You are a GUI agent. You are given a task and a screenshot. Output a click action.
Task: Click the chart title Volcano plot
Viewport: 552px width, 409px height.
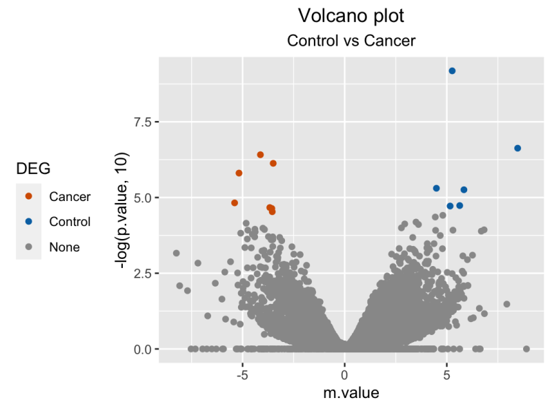(351, 15)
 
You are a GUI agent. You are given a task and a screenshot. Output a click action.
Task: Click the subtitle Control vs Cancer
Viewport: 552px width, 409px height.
(351, 41)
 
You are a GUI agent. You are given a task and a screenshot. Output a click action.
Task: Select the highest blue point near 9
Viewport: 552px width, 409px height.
(452, 71)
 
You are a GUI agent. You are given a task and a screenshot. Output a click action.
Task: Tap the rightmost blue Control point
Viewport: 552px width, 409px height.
(517, 149)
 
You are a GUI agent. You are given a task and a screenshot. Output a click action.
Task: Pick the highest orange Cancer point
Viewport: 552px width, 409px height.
(260, 155)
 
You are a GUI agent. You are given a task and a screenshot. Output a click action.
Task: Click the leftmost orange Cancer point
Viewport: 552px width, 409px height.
(235, 203)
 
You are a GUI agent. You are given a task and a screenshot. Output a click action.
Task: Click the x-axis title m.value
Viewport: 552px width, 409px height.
(351, 393)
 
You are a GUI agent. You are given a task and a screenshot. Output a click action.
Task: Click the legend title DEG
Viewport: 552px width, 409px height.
(32, 169)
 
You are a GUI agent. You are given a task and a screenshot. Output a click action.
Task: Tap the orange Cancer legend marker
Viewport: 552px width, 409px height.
(29, 197)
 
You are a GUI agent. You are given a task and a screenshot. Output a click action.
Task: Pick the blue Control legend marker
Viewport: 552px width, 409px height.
(29, 222)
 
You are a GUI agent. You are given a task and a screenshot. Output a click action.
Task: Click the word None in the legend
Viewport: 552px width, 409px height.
(64, 247)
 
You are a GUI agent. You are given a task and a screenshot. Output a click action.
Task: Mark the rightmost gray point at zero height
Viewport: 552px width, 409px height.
(526, 349)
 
